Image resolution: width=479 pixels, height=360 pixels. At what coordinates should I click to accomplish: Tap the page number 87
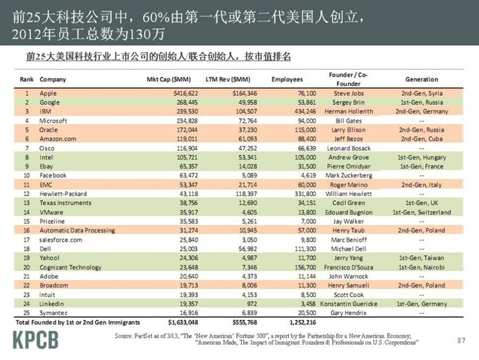click(461, 341)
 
